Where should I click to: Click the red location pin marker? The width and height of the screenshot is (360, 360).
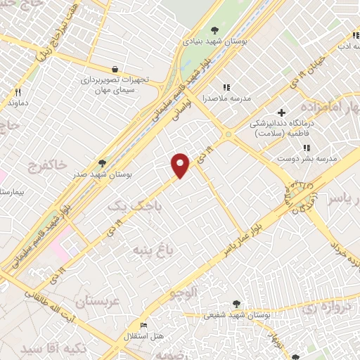coord(181,165)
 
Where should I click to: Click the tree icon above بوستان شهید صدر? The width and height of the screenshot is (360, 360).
coord(103,162)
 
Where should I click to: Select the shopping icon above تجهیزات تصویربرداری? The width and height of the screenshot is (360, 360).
coord(115,69)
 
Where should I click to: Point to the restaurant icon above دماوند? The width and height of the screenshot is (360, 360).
coord(18,92)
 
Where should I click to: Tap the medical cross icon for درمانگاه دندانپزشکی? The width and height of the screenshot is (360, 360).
coord(281,112)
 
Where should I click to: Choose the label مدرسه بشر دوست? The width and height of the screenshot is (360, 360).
coord(307,158)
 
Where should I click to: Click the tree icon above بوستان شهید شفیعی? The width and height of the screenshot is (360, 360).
coord(236,304)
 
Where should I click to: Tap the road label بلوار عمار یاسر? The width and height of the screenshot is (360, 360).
coord(250,233)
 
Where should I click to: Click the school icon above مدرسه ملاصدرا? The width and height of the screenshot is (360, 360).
coord(226,86)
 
